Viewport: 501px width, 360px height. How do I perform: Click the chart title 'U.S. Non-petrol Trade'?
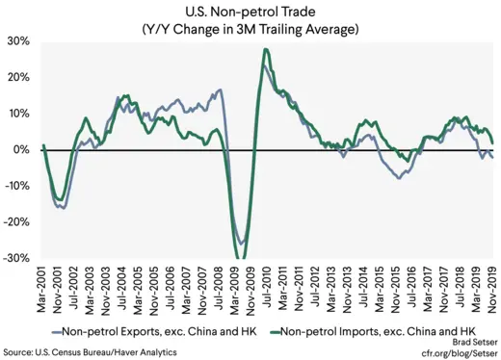coord(250,12)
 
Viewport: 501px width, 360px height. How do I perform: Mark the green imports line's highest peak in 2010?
coord(265,50)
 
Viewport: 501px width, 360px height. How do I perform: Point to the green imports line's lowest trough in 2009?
coord(242,258)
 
